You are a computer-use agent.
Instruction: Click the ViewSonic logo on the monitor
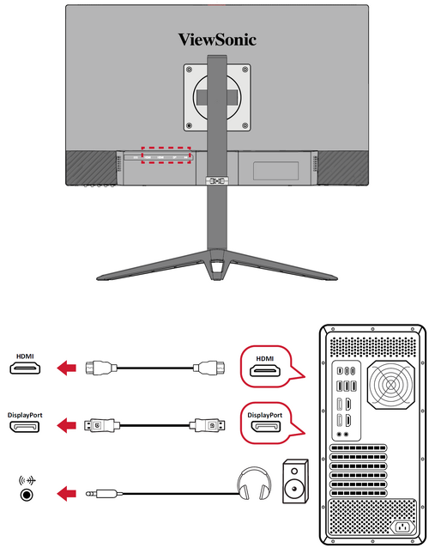(217, 40)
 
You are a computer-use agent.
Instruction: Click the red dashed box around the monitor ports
(166, 148)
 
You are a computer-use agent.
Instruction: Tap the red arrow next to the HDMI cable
(66, 368)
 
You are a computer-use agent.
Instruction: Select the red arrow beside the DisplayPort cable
(66, 425)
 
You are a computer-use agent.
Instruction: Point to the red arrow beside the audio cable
(66, 494)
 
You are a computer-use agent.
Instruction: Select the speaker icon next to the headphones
(295, 481)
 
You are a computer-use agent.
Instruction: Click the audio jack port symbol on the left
(27, 495)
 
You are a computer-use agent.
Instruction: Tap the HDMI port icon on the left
(25, 368)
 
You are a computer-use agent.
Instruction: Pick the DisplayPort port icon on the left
(25, 427)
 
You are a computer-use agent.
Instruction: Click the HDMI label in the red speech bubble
(265, 358)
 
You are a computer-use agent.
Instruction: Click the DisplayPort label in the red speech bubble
(264, 415)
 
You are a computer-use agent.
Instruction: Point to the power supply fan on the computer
(391, 385)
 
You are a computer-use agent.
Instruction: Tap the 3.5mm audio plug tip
(88, 494)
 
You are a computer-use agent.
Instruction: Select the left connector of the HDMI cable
(99, 368)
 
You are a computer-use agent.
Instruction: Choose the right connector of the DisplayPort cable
(208, 425)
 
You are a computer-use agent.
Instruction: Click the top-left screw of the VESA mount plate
(189, 70)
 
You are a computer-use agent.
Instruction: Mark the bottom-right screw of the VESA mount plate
(245, 125)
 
